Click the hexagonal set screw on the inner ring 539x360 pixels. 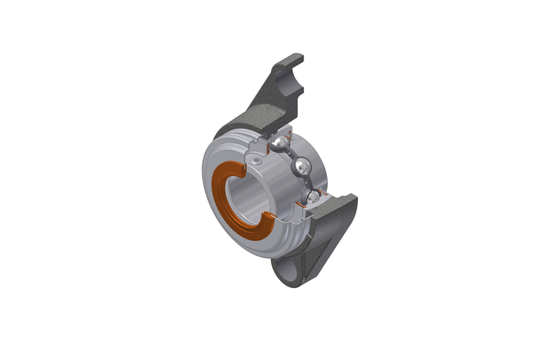click(x=259, y=162)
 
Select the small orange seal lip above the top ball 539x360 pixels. click(x=289, y=135)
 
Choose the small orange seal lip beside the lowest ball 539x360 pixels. click(x=322, y=195)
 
